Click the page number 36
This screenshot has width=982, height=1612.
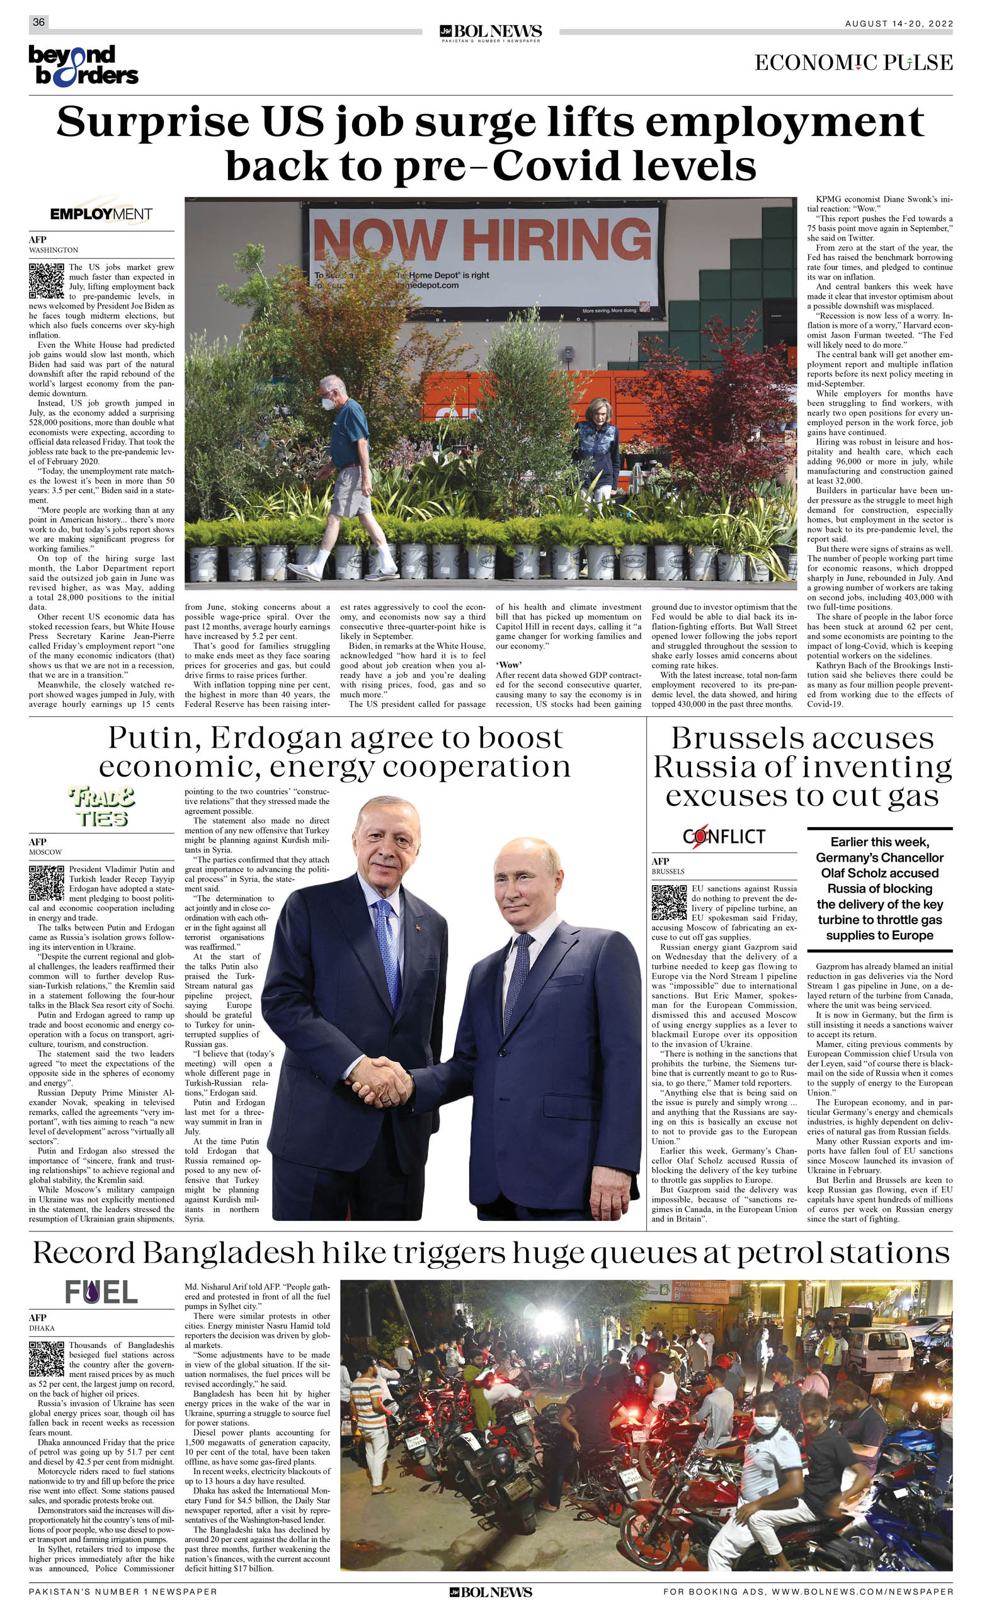(38, 22)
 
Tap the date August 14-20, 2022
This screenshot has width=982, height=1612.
(898, 23)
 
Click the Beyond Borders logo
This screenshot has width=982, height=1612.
(83, 65)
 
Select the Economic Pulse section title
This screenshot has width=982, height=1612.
(853, 63)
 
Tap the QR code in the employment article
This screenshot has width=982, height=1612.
(47, 281)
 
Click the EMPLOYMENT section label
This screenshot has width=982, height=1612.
(101, 214)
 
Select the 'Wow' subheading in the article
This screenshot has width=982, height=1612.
(508, 665)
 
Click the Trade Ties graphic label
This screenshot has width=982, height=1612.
(101, 808)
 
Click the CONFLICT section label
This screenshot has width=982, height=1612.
(724, 836)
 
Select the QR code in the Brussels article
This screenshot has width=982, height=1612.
(670, 902)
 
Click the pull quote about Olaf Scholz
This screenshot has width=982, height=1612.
(879, 888)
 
